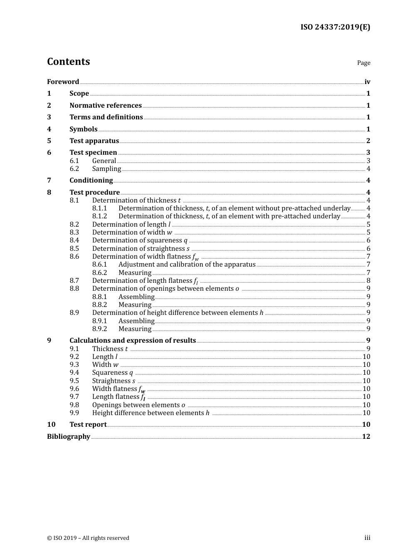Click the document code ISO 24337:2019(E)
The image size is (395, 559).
click(x=335, y=27)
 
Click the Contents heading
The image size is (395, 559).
click(x=68, y=62)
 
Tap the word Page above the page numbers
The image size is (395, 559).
click(x=363, y=63)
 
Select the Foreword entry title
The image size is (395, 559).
click(x=63, y=82)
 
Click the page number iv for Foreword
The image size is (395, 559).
click(x=367, y=82)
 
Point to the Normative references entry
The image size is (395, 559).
click(x=106, y=105)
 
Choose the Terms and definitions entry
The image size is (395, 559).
click(x=106, y=117)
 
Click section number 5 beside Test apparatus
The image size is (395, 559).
click(x=49, y=141)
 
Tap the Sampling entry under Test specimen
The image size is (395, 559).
click(x=106, y=168)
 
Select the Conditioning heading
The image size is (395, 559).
click(x=91, y=180)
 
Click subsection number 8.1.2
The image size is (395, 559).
click(x=99, y=216)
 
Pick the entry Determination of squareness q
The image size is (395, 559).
click(x=140, y=240)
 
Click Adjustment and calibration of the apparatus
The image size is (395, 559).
click(x=187, y=264)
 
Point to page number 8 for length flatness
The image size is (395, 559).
click(x=368, y=280)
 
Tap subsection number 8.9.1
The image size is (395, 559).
click(x=99, y=321)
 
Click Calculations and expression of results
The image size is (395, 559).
click(x=133, y=340)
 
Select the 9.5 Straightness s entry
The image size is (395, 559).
click(x=114, y=381)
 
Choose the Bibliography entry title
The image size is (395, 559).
click(x=69, y=436)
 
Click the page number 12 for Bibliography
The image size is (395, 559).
click(x=366, y=436)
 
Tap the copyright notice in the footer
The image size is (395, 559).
click(x=88, y=538)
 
